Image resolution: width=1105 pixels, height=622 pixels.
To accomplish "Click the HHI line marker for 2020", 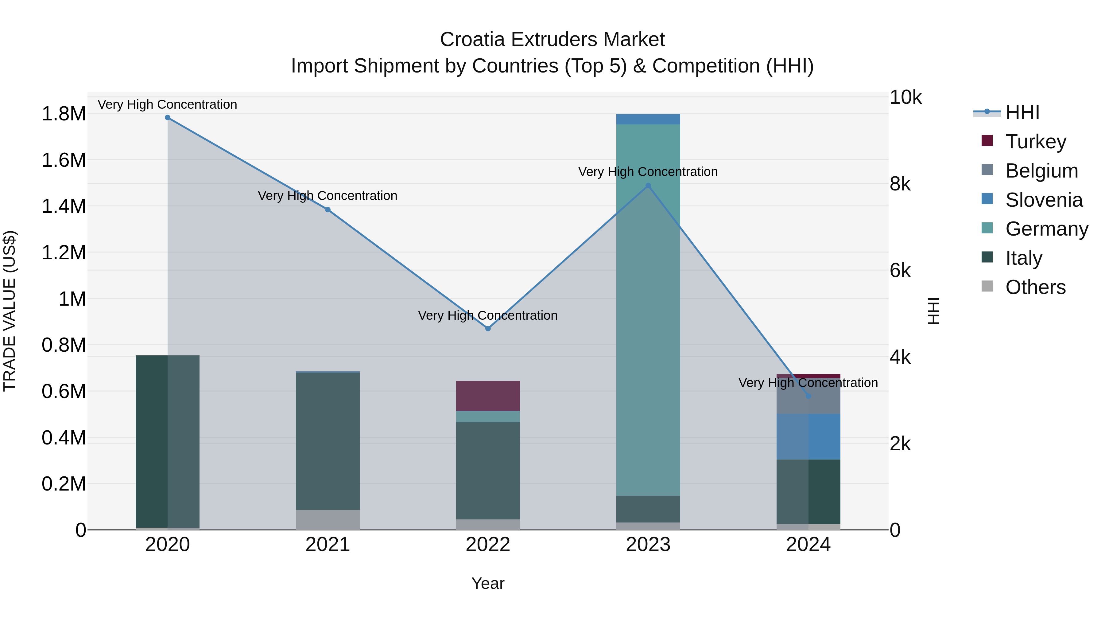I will [x=168, y=118].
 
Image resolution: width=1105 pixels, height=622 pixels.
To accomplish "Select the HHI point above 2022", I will [x=488, y=328].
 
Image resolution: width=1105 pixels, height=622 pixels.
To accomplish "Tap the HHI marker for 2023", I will [x=648, y=186].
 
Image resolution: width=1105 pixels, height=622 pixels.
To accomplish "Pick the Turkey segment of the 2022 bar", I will [x=488, y=396].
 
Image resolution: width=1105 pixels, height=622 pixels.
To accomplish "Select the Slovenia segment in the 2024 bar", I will [x=808, y=436].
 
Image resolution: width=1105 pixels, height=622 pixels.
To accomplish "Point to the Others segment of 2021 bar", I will [x=328, y=520].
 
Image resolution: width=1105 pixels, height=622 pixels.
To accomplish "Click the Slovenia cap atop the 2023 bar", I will [x=648, y=119].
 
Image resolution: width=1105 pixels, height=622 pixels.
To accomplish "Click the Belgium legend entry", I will [x=1041, y=171].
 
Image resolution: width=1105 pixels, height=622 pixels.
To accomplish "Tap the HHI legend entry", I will [x=1022, y=112].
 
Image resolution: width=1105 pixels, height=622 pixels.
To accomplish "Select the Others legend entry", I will [x=1035, y=287].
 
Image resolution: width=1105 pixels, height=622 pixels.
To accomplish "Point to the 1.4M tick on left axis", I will [x=64, y=206].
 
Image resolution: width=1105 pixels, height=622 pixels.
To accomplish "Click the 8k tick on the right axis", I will [x=900, y=184].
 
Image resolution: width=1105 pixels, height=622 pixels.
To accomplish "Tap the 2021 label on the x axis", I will [x=328, y=545].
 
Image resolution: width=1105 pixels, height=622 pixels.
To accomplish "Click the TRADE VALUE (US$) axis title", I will [x=10, y=311].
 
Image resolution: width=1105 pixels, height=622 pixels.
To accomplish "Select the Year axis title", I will [x=488, y=583].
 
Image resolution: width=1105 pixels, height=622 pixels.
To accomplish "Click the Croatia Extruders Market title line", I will [x=552, y=40].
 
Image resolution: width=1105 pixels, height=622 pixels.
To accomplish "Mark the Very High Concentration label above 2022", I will [x=488, y=315].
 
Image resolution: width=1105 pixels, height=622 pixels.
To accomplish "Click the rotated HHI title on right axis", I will [x=933, y=311].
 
